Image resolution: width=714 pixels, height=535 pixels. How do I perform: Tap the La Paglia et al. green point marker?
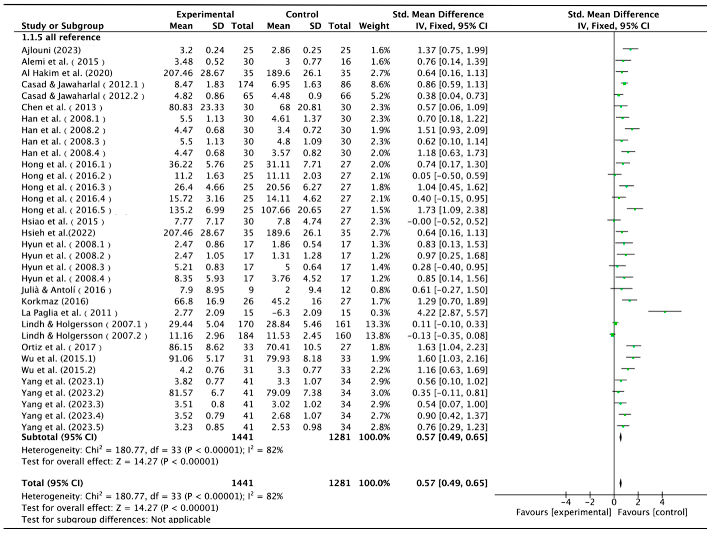665,312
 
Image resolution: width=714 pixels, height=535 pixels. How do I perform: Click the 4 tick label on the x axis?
662,502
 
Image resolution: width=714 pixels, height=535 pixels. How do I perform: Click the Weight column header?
374,26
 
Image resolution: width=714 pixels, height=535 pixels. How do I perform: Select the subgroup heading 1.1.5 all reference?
61,37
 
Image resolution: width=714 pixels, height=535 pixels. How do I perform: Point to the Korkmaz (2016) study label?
55,301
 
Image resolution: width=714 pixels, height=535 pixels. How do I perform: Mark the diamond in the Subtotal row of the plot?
620,437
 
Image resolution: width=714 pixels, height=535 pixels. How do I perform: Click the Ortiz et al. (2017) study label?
61,347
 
